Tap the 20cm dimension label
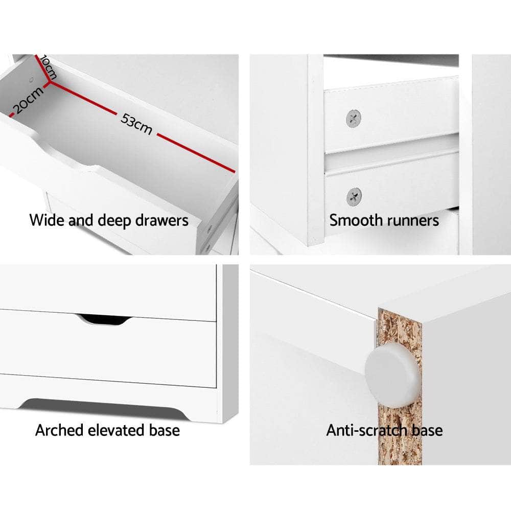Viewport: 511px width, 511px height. (x=27, y=100)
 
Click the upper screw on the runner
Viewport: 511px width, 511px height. (x=353, y=119)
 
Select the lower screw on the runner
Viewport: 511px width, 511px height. (x=353, y=196)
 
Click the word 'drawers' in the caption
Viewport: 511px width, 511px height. (x=162, y=221)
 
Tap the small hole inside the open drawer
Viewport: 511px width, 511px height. (x=32, y=80)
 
